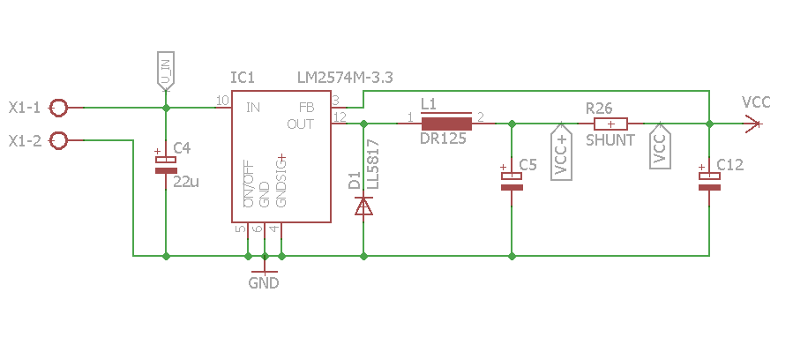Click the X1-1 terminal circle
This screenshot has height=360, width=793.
[x=59, y=108]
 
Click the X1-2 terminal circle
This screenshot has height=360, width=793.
[x=59, y=140]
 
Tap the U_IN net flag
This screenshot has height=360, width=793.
[x=166, y=71]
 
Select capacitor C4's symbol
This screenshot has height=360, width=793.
[x=166, y=165]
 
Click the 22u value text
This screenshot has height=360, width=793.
[x=186, y=182]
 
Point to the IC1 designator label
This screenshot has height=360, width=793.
[x=243, y=78]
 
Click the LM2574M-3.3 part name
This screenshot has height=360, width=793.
[x=345, y=78]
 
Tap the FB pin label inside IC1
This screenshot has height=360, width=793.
[x=307, y=108]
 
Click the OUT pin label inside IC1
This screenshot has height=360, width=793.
[x=301, y=124]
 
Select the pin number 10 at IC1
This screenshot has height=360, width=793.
[x=222, y=101]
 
